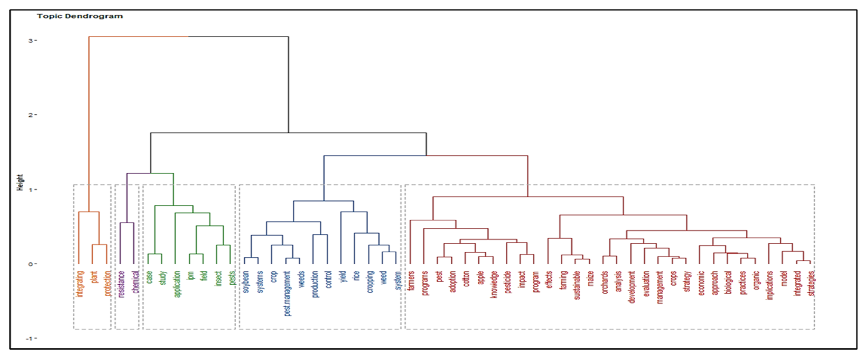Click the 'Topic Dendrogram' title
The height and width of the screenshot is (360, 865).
point(80,16)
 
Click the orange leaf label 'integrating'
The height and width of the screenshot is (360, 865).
point(80,284)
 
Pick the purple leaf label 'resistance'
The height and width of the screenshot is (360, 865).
point(121,284)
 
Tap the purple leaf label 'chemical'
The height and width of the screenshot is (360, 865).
point(135,282)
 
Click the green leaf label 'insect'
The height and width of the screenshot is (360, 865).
point(218,279)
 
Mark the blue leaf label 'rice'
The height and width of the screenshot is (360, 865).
point(356,276)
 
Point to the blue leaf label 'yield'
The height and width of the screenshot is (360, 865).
point(343,277)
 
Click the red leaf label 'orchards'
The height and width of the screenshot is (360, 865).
point(605,282)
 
